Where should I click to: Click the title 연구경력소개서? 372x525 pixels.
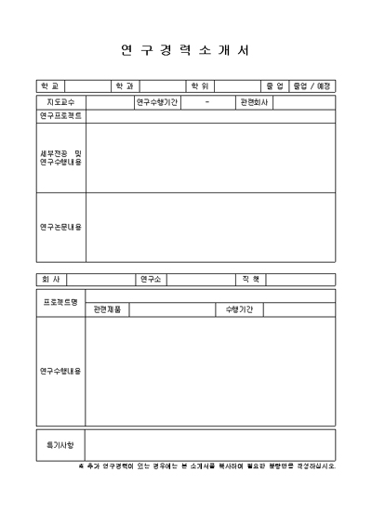pos(186,50)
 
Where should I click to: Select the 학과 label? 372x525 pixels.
pos(125,86)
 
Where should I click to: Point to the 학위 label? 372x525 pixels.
pos(199,86)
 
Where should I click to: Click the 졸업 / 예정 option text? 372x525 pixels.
pos(312,86)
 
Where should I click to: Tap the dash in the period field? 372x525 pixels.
pos(206,101)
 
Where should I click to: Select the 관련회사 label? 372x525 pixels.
pos(254,101)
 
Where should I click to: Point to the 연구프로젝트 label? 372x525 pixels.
pos(60,116)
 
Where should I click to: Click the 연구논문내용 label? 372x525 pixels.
pos(60,227)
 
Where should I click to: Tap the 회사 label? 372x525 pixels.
pos(50,279)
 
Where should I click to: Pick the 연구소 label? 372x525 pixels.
pos(152,279)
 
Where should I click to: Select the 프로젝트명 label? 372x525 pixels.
pos(60,302)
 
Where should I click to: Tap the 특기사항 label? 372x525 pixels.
pos(60,445)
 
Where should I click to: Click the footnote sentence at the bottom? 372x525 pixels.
pos(206,466)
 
